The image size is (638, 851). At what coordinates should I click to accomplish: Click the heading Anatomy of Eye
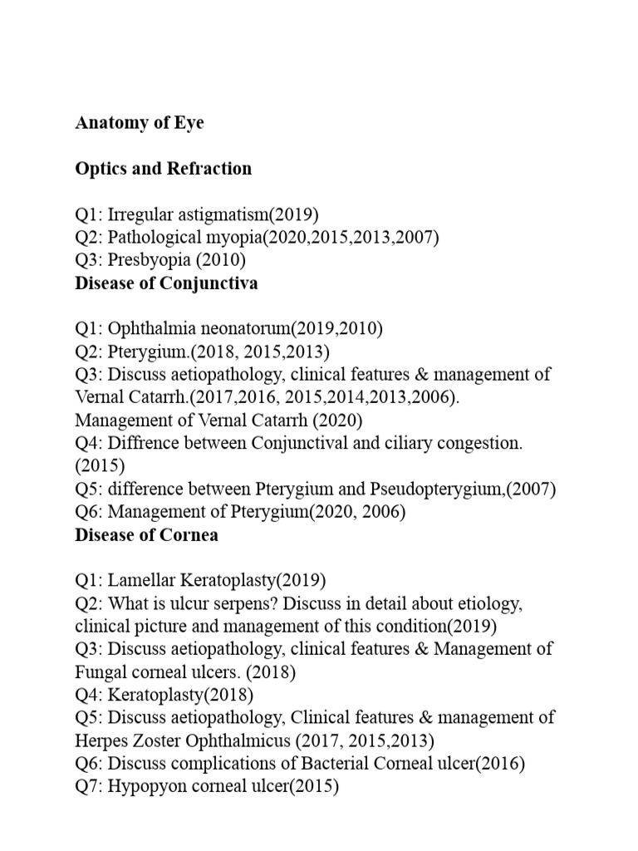(139, 123)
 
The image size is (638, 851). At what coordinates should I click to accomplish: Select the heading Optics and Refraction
(163, 169)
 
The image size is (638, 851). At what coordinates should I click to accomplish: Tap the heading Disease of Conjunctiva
(166, 283)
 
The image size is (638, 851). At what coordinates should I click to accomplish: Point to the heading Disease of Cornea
(146, 535)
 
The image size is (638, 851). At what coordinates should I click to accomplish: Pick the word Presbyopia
(150, 260)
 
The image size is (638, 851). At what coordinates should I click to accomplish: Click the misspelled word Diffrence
(145, 443)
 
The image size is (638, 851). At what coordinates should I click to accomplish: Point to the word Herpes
(104, 740)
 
